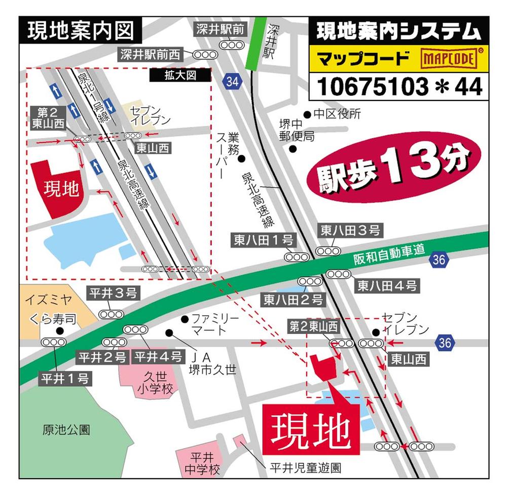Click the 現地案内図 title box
(x=80, y=31)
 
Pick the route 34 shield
(x=232, y=81)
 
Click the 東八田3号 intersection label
(x=350, y=231)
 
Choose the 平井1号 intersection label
(x=65, y=378)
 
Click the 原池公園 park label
(x=66, y=430)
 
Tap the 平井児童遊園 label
(x=305, y=467)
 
